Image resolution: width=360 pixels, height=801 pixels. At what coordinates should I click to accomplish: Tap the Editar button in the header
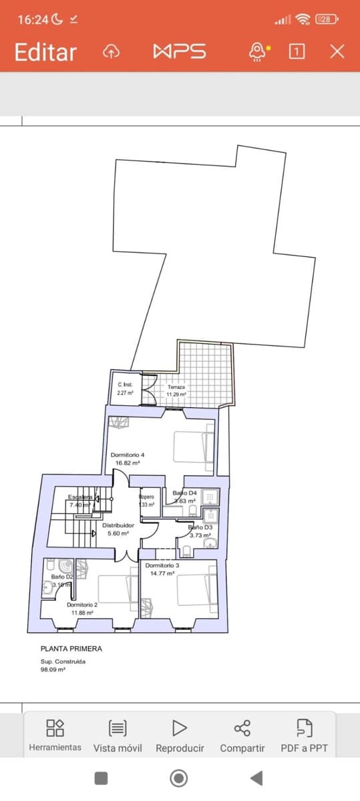(45, 52)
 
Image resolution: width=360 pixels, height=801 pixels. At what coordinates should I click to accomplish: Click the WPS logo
(180, 52)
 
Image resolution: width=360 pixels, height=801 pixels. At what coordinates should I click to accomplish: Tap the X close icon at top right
(338, 51)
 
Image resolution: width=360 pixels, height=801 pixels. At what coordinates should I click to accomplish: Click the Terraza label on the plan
(176, 387)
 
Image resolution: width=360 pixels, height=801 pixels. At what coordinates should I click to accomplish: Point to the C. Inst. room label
(126, 384)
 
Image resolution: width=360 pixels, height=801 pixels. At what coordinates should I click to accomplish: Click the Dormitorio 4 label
(128, 455)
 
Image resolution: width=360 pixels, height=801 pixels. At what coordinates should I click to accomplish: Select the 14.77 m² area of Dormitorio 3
(160, 573)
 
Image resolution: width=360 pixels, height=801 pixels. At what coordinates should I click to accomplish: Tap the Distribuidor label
(118, 525)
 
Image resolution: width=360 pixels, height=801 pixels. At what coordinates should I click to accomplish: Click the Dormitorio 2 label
(83, 604)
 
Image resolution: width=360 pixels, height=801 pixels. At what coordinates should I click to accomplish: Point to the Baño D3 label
(200, 527)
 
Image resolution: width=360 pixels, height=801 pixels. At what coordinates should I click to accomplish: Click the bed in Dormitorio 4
(194, 447)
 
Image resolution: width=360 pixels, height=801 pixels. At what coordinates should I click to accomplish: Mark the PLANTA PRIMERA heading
(71, 648)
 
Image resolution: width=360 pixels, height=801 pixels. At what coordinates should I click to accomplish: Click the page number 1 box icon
(297, 51)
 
